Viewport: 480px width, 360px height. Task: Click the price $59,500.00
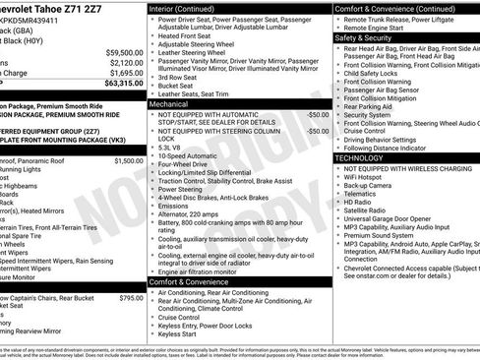[123, 52]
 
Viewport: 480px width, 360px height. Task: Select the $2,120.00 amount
[125, 62]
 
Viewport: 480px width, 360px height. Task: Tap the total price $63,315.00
[123, 85]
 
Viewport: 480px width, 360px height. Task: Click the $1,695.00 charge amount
[125, 73]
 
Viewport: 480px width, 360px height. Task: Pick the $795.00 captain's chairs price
[131, 297]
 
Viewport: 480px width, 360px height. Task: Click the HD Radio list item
[357, 200]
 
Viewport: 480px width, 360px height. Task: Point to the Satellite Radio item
[365, 210]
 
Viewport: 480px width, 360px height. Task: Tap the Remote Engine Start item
[375, 27]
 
